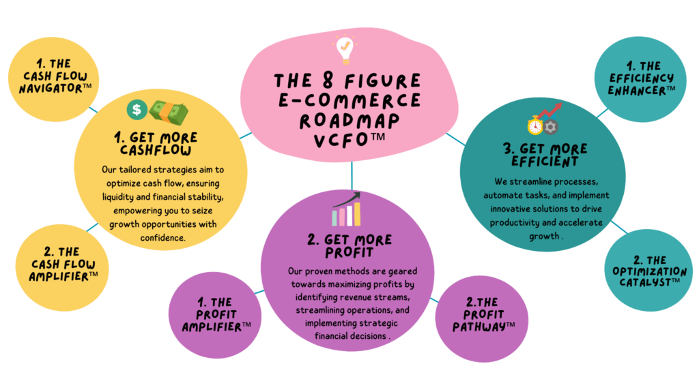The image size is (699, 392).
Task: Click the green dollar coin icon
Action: (137, 109)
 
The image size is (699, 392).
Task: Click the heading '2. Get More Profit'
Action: (349, 246)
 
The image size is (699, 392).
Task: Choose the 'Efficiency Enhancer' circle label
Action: (632, 78)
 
